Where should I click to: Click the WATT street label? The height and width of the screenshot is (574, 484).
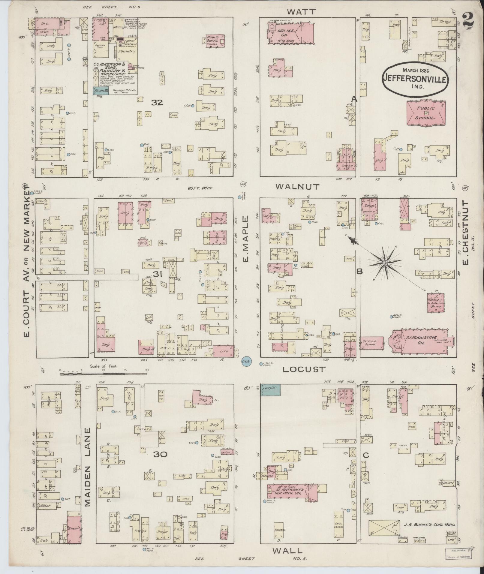301,12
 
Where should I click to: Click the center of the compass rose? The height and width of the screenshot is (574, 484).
385,263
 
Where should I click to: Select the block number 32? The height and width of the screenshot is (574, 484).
157,103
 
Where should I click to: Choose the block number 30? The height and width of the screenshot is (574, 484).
160,454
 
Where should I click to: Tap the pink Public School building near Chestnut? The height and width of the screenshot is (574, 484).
426,113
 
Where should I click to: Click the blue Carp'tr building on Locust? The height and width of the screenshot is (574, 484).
270,390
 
